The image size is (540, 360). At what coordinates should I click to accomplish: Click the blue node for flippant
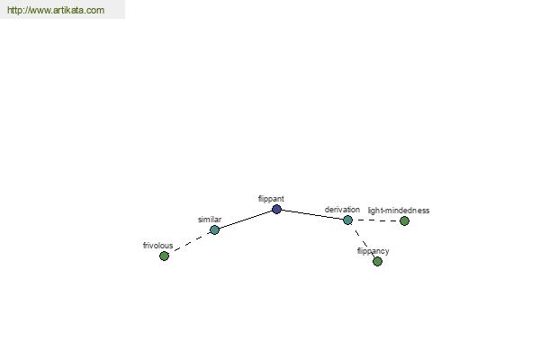click(276, 209)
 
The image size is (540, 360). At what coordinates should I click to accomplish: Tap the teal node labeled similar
click(214, 229)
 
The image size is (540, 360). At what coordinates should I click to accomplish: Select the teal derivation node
click(347, 220)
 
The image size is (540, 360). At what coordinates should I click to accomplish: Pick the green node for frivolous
click(165, 256)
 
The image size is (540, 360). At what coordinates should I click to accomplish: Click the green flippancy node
click(377, 262)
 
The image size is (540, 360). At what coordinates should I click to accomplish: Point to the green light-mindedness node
click(405, 220)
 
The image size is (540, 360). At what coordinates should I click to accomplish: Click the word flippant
click(271, 199)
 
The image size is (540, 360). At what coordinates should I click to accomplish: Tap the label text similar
click(210, 220)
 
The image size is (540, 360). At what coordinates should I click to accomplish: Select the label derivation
click(342, 210)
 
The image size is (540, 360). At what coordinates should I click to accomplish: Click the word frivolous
click(157, 246)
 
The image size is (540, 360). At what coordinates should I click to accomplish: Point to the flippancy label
click(373, 251)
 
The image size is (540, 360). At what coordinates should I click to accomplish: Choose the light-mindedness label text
click(399, 211)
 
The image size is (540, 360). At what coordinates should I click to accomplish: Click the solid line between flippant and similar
click(246, 220)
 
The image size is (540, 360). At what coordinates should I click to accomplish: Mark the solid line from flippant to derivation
click(312, 214)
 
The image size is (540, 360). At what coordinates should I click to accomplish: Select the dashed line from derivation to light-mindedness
click(376, 220)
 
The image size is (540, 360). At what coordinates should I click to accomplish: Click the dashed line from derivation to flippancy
click(363, 240)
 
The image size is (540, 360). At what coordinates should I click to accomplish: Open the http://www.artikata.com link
click(56, 10)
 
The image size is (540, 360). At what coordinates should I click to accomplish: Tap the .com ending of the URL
click(95, 10)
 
